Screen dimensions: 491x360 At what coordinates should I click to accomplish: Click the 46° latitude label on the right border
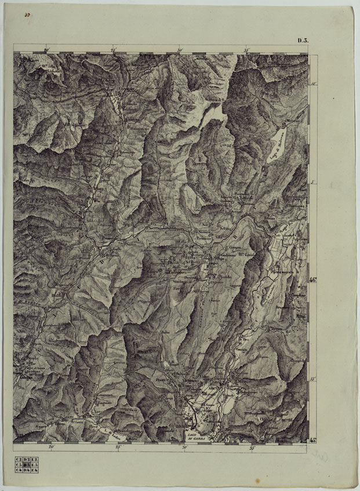(x=312, y=281)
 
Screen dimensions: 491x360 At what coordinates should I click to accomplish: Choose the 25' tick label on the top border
(x=114, y=50)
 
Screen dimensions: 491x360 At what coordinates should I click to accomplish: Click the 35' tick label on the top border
(x=247, y=50)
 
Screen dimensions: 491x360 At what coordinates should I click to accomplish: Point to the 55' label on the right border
(x=312, y=379)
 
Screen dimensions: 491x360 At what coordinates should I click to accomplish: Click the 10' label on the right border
(x=312, y=84)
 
